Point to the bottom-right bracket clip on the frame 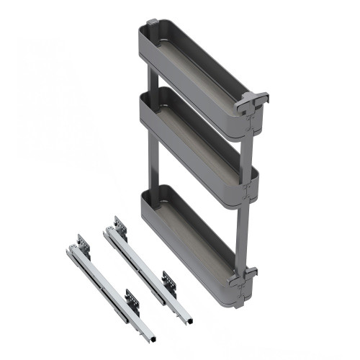248,277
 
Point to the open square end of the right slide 185,318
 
